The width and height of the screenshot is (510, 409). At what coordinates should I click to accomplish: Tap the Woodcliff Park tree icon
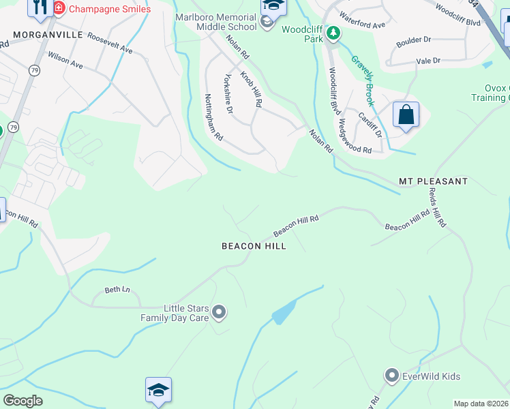coord(333,33)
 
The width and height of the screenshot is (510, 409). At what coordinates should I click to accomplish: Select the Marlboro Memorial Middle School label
coord(215,22)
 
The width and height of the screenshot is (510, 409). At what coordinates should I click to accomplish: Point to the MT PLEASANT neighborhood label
coord(434,181)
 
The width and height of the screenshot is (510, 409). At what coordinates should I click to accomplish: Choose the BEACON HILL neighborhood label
coord(254,246)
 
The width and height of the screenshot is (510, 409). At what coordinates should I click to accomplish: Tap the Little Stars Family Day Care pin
coord(219,313)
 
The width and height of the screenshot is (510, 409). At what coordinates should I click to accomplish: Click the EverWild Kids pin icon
coord(391,376)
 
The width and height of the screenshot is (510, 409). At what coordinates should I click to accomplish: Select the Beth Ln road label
coord(117,290)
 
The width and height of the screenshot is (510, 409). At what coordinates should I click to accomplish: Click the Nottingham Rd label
coord(215,117)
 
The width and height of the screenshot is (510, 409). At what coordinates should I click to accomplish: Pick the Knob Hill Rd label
coord(251,89)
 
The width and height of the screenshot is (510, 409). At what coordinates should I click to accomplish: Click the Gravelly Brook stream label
coord(363,80)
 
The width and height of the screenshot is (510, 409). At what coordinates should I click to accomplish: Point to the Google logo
coord(22,400)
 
